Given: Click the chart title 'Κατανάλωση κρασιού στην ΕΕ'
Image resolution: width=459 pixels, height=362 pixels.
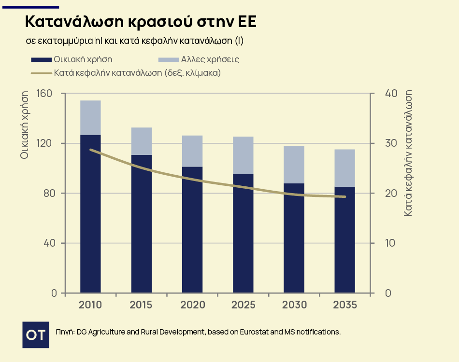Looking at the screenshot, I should (x=141, y=23).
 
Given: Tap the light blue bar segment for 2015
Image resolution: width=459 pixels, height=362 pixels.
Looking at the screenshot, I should (x=142, y=141).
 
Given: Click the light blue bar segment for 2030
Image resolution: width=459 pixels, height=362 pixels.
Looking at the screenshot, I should (x=294, y=164).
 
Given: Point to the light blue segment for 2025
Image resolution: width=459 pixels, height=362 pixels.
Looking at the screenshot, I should (x=243, y=155).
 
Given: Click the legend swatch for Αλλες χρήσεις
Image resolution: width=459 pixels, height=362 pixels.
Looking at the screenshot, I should (x=168, y=60).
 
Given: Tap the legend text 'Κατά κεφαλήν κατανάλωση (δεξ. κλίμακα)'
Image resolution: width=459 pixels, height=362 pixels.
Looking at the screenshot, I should (x=137, y=73).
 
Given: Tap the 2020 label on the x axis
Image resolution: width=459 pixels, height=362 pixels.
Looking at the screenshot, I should (x=192, y=305).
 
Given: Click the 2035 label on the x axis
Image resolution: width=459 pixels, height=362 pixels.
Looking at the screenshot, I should (x=344, y=305).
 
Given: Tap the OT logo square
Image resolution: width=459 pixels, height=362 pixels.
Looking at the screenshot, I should (x=36, y=334).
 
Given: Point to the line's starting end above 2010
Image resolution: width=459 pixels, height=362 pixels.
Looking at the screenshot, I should (x=91, y=150).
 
